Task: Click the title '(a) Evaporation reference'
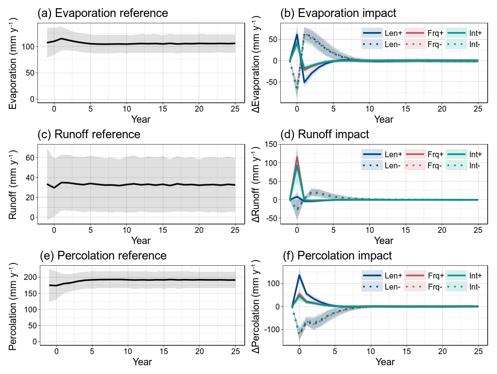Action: (103, 13)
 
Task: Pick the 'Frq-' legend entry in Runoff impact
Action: (435, 165)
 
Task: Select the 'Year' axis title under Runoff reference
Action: (140, 240)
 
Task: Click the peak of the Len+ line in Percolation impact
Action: (299, 275)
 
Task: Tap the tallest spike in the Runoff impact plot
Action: (297, 157)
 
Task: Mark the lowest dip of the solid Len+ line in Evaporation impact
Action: (305, 82)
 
